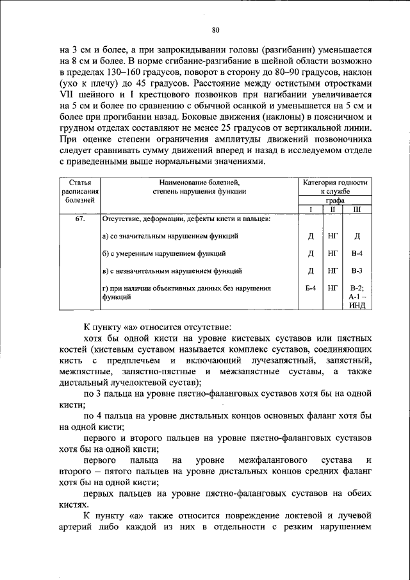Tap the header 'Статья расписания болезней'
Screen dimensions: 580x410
pyautogui.click(x=79, y=191)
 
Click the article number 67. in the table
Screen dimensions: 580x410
pyautogui.click(x=80, y=219)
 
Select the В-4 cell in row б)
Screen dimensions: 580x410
pyautogui.click(x=357, y=254)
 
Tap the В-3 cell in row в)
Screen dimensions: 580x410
pyautogui.click(x=357, y=271)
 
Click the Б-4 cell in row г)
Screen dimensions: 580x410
pyautogui.click(x=310, y=288)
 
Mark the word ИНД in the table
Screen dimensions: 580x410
pyautogui.click(x=357, y=305)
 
